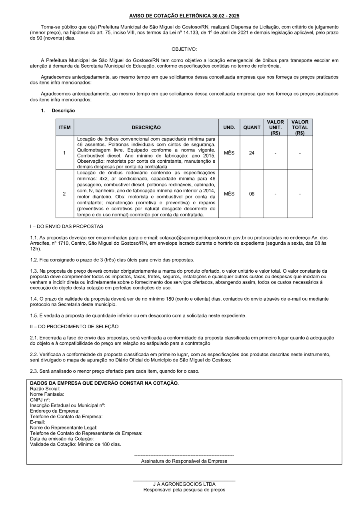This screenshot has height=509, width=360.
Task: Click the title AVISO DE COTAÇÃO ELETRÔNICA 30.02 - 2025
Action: point(184,16)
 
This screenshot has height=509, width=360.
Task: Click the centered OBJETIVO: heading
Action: point(184,49)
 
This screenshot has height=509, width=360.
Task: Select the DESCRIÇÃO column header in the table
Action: point(146,128)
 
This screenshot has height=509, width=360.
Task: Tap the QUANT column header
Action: point(252,128)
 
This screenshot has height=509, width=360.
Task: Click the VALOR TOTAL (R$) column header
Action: point(300,128)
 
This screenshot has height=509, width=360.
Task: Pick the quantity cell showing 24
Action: point(252,153)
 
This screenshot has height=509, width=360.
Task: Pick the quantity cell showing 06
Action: point(252,194)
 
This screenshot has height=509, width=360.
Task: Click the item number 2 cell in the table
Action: point(64,194)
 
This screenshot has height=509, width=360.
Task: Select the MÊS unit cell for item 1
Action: point(229,153)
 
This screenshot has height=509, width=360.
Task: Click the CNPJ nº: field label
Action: point(40,399)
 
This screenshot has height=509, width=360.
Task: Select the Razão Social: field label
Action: point(45,389)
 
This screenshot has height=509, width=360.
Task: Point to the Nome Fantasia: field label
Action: point(47,394)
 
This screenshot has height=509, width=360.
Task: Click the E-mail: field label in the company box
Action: point(37,421)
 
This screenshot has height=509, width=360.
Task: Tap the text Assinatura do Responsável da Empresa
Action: point(184,461)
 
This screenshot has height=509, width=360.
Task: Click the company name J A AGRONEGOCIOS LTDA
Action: point(184,484)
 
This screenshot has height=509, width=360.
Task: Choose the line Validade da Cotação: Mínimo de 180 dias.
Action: point(75,444)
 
